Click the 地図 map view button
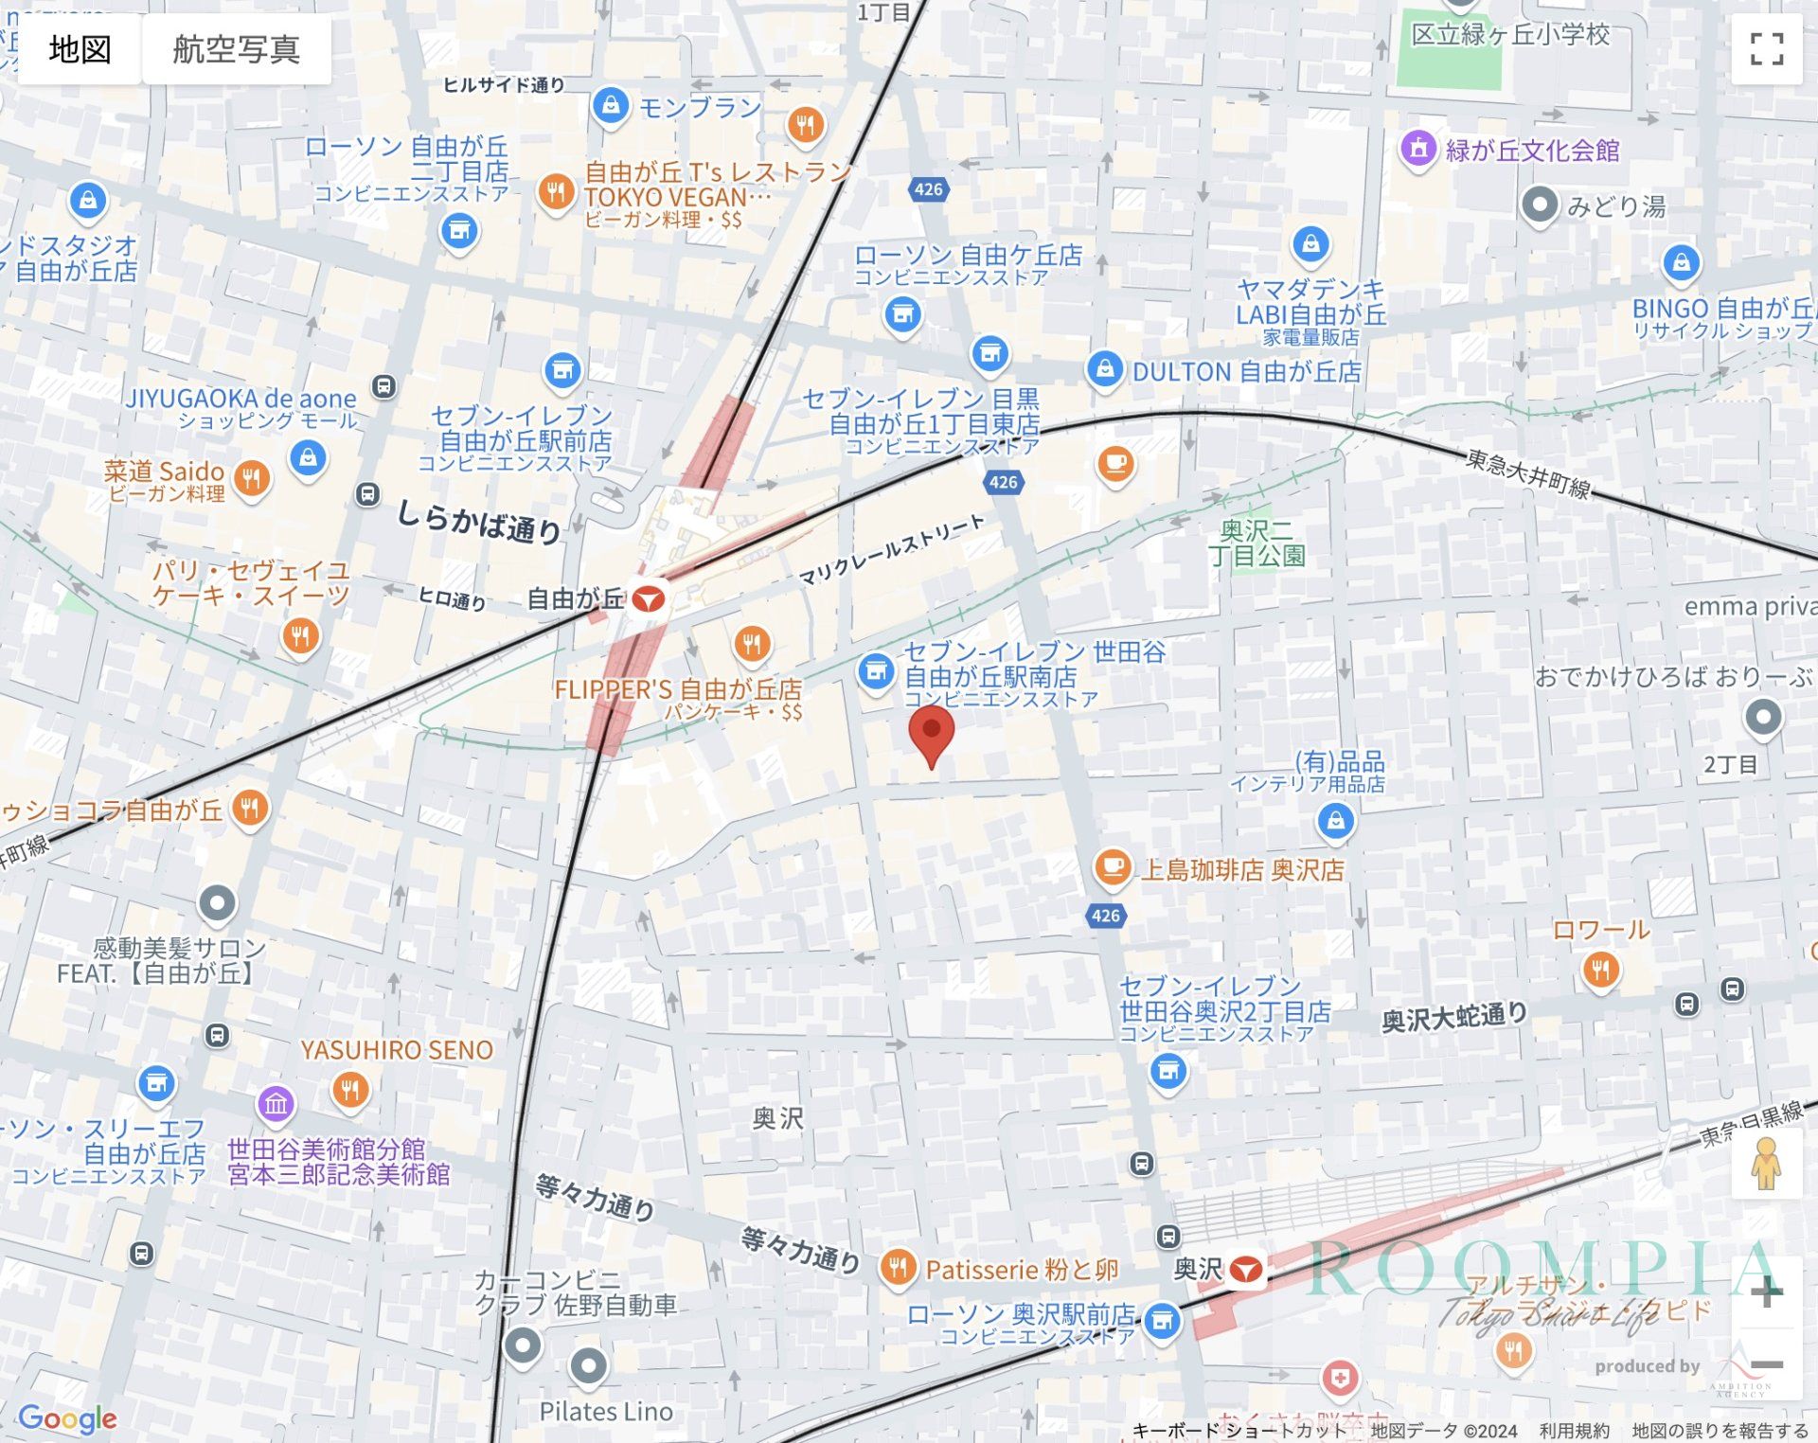click(x=80, y=49)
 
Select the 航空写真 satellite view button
click(x=236, y=49)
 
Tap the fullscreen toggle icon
click(x=1766, y=49)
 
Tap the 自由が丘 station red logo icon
click(x=649, y=599)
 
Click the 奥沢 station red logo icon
click(x=1246, y=1270)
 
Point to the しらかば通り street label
click(x=479, y=520)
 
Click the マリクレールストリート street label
click(x=891, y=550)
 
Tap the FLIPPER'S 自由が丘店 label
click(x=678, y=690)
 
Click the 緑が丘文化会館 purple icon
click(x=1417, y=149)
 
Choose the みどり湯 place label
click(x=1616, y=206)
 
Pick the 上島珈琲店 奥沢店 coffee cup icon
click(x=1113, y=866)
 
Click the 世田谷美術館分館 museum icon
click(x=276, y=1103)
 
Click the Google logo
click(x=67, y=1417)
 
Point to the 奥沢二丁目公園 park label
click(x=1257, y=543)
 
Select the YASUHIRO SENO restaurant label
click(x=397, y=1050)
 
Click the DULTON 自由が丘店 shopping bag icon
click(x=1104, y=369)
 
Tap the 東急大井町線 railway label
click(x=1527, y=473)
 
